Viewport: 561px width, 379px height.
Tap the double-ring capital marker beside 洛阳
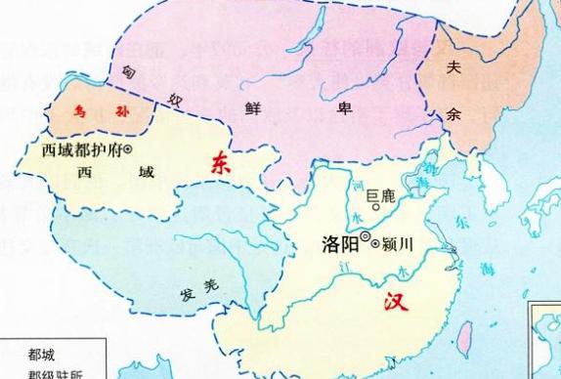point(365,236)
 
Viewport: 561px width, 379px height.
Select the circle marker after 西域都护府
point(128,149)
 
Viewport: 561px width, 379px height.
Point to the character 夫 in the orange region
point(453,69)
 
